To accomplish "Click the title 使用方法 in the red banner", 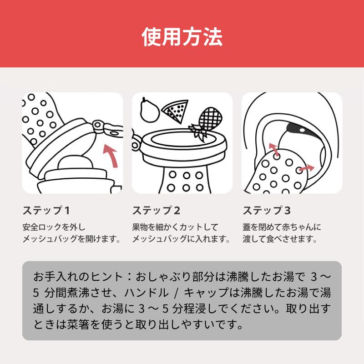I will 182,37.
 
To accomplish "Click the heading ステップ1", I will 46,211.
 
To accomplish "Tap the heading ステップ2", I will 156,211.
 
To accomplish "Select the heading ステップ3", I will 266,211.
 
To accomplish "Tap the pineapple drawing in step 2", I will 207,121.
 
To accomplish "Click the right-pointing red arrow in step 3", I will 306,169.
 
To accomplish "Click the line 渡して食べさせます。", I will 279,238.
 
